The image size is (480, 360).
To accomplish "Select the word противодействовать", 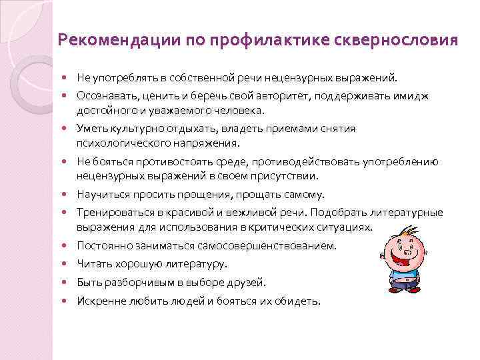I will tap(299, 162).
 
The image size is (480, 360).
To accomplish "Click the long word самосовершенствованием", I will tap(271, 246).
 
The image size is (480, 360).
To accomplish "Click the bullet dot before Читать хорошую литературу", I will tap(69, 264).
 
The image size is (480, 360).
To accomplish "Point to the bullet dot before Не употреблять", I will tap(69, 77).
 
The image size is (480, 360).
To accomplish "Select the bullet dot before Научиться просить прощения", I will tap(69, 195).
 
